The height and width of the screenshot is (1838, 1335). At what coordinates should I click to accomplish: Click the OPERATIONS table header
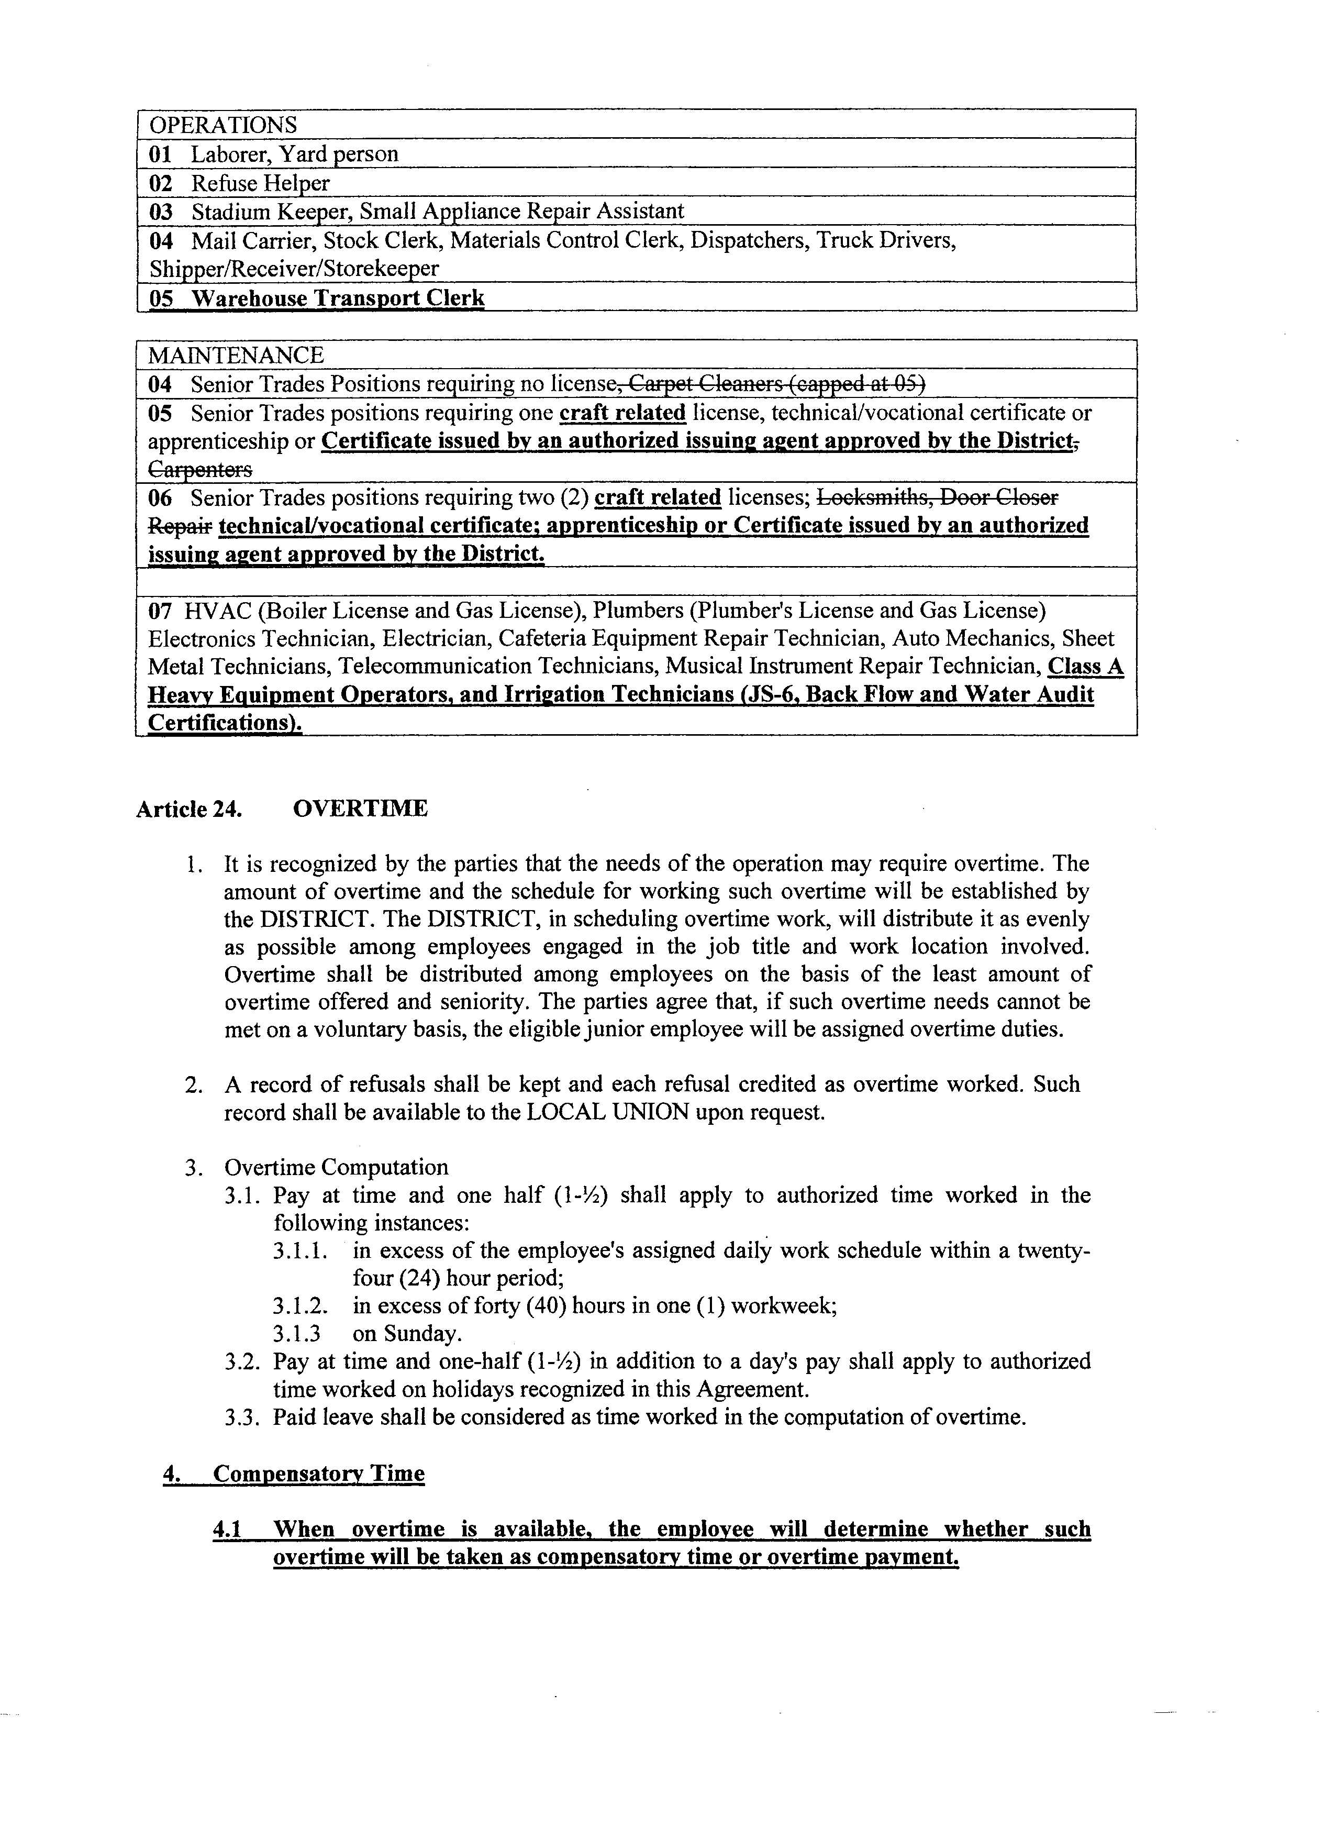(x=223, y=125)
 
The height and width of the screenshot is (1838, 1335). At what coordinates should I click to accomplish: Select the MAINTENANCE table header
(x=236, y=355)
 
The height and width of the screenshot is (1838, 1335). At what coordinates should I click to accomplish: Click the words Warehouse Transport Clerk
(x=337, y=298)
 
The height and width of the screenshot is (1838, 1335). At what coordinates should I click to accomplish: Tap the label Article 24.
(x=189, y=810)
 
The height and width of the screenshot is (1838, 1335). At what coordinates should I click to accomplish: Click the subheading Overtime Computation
(x=336, y=1167)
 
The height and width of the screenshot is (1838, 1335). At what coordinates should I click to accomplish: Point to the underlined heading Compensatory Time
(x=318, y=1474)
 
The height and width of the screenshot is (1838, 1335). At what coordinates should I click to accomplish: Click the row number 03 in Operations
(x=161, y=212)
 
